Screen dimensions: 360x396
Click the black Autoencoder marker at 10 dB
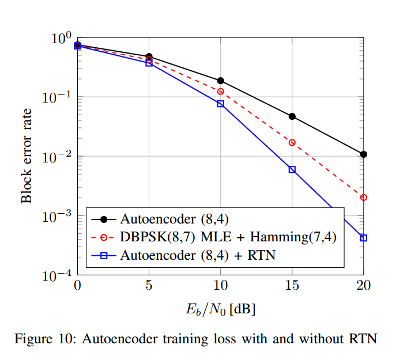pos(220,81)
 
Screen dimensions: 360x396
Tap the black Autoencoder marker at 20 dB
pos(363,154)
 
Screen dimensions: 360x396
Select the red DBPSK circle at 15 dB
pos(292,142)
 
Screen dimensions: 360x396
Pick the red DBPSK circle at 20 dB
pos(363,198)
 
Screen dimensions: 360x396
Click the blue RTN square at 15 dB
pos(292,169)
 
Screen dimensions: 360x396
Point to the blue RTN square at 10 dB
pos(220,104)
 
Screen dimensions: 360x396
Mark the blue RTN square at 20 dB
pos(363,238)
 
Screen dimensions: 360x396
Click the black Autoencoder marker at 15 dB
pos(292,116)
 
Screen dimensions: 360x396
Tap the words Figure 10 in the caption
pos(44,339)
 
